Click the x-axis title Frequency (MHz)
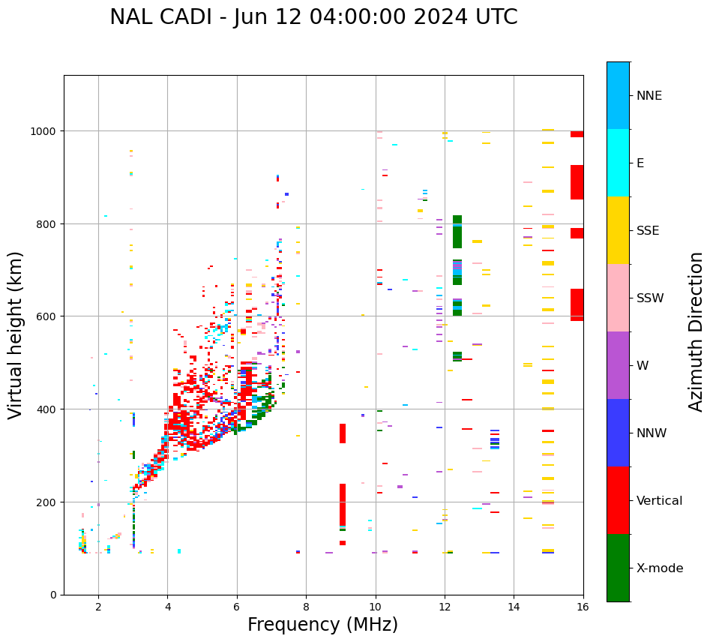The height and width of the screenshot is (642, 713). pos(322,625)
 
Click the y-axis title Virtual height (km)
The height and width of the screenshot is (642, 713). pos(16,334)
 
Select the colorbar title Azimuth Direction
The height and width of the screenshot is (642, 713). pos(697,331)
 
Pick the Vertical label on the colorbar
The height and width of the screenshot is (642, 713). pos(660,501)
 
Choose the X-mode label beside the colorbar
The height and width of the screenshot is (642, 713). pos(660,568)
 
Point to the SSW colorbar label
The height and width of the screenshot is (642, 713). pos(650,298)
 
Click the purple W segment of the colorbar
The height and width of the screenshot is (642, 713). pos(618,365)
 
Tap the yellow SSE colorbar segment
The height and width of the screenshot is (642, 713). pos(618,230)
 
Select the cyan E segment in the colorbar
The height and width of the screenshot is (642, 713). pos(618,163)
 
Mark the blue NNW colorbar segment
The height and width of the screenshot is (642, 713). pos(618,433)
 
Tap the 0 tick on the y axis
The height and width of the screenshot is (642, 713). pos(53,595)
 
